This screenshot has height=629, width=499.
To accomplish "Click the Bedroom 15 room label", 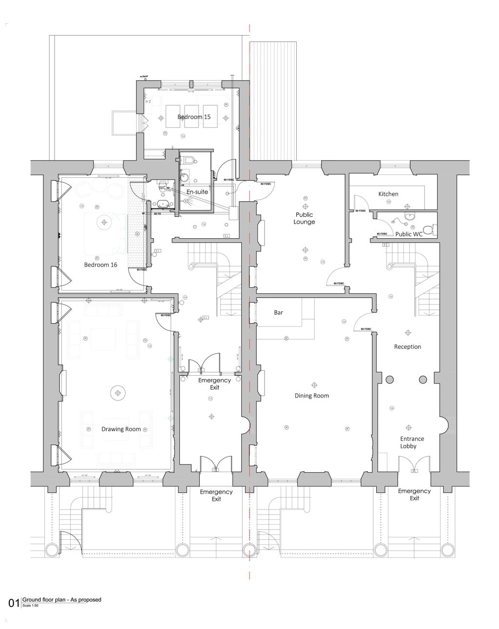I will [x=193, y=117].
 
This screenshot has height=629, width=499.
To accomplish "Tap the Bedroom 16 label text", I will [x=100, y=265].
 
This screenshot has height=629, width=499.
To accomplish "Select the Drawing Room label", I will [x=121, y=429].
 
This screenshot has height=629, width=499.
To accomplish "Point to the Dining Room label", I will [x=311, y=396].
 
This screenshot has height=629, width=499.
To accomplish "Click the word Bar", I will [x=278, y=313].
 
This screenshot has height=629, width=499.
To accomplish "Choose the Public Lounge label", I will [x=304, y=218].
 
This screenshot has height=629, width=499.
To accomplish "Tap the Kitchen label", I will [x=388, y=194].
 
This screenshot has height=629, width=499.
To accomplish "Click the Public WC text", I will [x=408, y=234].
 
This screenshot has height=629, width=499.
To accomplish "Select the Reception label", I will [x=407, y=347].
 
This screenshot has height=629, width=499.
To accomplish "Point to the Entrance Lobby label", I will [x=412, y=442].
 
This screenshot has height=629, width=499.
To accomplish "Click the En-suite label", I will [x=197, y=192].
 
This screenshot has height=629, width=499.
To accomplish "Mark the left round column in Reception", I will [x=389, y=380].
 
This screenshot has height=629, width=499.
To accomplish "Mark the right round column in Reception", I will [x=422, y=380].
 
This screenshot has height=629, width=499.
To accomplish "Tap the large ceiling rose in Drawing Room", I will [x=117, y=393].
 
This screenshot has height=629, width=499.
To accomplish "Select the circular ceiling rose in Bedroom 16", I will [x=104, y=223].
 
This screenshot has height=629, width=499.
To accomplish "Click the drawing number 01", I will [x=14, y=603].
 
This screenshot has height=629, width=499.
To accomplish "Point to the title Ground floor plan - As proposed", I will [x=62, y=600].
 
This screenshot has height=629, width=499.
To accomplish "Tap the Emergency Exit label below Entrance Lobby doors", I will [x=414, y=495].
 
